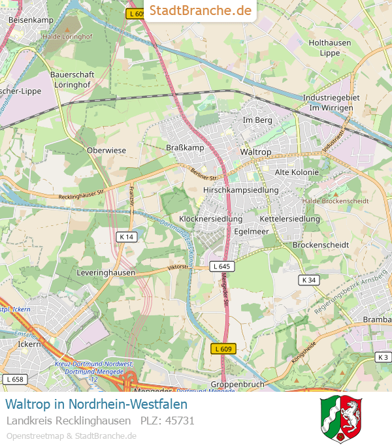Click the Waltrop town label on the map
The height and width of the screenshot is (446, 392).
coord(255,151)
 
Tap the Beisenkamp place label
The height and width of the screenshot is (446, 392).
coord(31,20)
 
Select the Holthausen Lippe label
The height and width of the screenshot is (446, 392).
coord(330,48)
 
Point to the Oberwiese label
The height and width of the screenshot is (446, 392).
coord(106,150)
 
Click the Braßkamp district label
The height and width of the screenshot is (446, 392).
coord(186,148)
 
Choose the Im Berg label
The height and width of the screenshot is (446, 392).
coord(257,120)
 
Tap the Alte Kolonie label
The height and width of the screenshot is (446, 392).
coord(297,172)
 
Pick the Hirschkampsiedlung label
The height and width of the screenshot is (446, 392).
coord(241,190)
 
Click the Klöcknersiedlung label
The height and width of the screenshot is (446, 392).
coord(210,219)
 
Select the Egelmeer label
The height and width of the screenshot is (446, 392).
coord(252,231)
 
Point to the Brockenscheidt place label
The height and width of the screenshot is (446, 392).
coord(320,245)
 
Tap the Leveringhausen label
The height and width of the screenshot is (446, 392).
coord(106,272)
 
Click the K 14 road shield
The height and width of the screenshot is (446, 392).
coord(127,236)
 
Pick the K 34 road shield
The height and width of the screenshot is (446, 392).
coord(309,279)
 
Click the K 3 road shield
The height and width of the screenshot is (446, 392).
coord(383,357)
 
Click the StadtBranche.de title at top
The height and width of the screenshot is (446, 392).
coord(200,10)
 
